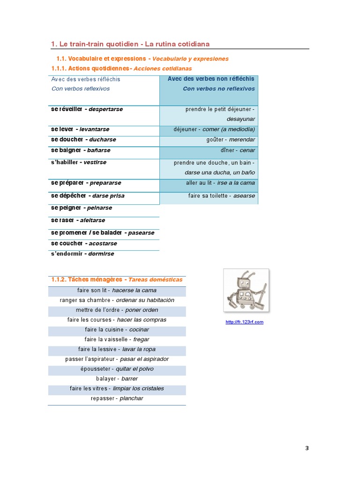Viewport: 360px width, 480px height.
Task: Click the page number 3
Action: point(307,448)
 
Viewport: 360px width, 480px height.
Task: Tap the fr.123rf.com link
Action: point(244,322)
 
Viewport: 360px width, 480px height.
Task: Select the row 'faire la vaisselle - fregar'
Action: point(117,339)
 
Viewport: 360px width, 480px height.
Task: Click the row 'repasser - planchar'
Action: point(117,398)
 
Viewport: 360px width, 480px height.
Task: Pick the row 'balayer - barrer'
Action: point(117,379)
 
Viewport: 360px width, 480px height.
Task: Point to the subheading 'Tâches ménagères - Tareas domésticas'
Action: point(117,279)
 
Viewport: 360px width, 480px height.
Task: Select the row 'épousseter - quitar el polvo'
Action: point(117,369)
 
